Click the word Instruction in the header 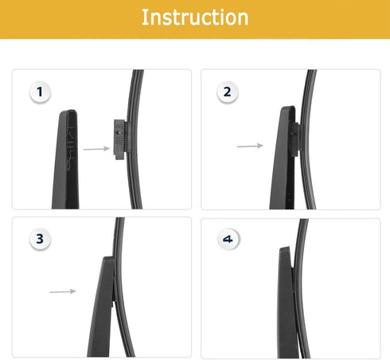tap(194, 18)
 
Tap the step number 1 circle tap(39, 92)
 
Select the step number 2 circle tap(227, 92)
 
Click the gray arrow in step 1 tap(96, 148)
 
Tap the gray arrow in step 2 tap(250, 146)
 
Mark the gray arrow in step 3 tap(63, 292)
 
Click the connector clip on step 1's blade tap(121, 138)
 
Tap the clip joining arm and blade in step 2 tap(294, 136)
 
